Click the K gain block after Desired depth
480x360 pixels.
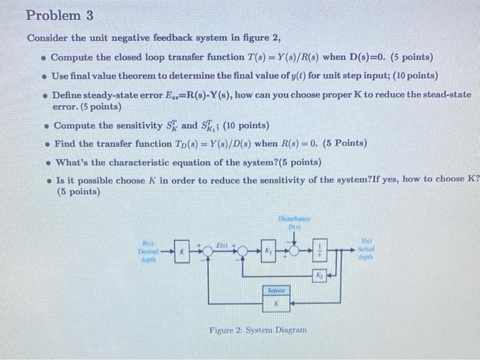[x=182, y=252]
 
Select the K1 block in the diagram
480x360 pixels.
[x=269, y=252]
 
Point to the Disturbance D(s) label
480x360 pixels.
[x=294, y=221]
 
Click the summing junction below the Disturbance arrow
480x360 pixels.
[x=295, y=252]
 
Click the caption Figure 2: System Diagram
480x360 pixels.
[x=258, y=331]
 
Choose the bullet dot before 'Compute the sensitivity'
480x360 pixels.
[x=45, y=126]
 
